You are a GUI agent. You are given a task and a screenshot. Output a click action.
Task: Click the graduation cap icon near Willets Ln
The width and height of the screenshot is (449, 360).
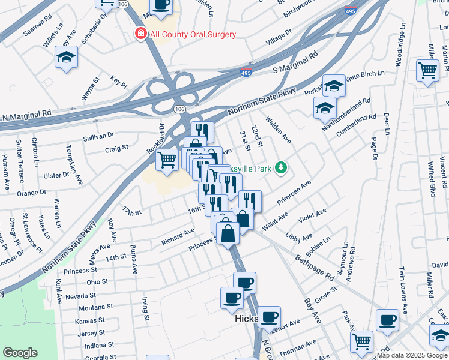[x=66, y=58]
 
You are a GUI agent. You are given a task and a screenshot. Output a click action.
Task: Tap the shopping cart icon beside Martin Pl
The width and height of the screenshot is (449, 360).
[x=427, y=70]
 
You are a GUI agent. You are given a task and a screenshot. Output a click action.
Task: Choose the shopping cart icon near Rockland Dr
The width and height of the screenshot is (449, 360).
[x=167, y=160]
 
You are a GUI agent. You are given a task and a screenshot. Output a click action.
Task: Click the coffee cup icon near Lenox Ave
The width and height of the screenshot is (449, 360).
[x=269, y=316]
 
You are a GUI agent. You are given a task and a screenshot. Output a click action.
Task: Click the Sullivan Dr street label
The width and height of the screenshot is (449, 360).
[x=98, y=136]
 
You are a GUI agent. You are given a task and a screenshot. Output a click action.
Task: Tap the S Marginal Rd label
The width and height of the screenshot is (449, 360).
[x=294, y=63]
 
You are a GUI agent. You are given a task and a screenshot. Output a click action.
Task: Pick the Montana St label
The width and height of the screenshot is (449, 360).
[x=92, y=307]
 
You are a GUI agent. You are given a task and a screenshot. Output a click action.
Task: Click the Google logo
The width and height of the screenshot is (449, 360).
[x=20, y=353]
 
